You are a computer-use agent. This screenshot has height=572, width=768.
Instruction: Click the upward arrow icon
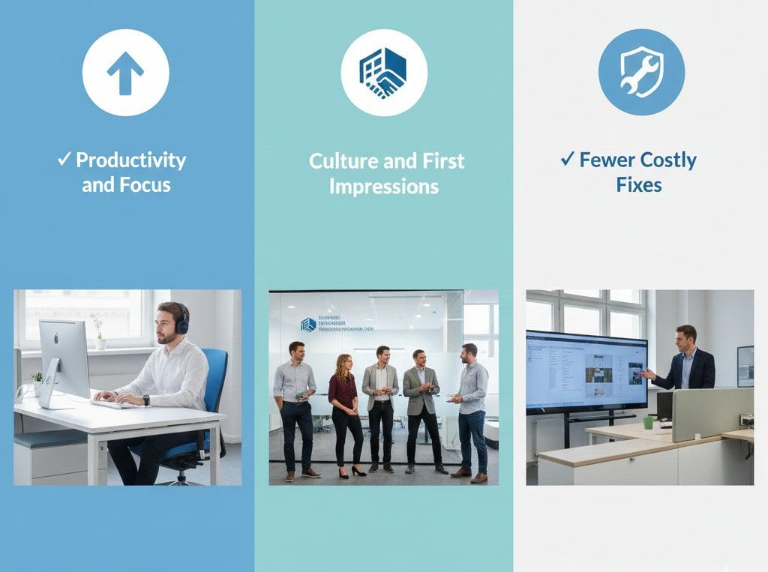pos(125,73)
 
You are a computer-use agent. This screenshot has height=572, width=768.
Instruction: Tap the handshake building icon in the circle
pos(384,73)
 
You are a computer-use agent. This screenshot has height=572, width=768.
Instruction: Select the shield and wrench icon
pos(641,73)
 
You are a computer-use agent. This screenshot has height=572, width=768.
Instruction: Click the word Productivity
pos(130,160)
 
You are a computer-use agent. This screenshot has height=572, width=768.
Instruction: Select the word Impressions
pos(384,187)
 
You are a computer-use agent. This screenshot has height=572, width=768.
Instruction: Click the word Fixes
pos(639,184)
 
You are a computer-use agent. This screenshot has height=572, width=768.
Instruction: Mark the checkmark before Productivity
pos(64,159)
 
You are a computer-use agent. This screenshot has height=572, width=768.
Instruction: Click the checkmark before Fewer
pos(567,159)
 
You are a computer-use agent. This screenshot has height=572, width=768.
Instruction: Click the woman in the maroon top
pos(344,405)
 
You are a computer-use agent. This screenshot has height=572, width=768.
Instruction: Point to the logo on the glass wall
pos(308,325)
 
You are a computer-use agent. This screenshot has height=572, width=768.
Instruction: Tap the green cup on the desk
pos(649,423)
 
